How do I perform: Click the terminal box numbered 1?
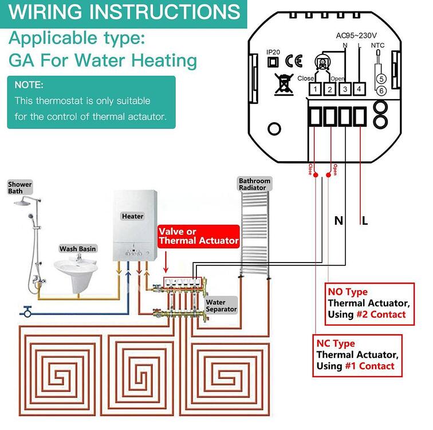tap(315, 89)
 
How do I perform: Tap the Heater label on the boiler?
tap(132, 216)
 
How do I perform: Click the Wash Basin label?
tap(78, 249)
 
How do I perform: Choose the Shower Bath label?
tap(19, 188)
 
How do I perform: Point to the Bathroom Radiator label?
tap(254, 184)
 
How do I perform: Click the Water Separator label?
tap(221, 306)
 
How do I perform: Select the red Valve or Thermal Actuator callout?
tap(198, 236)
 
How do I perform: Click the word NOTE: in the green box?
tap(29, 85)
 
